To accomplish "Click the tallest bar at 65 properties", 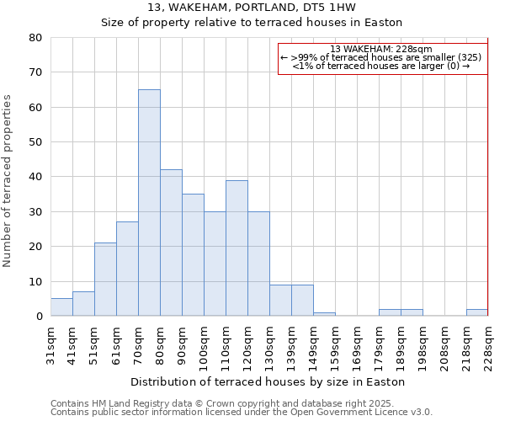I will pos(149,202).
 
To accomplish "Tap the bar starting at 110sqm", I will pos(237,248).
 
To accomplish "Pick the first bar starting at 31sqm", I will pos(61,307).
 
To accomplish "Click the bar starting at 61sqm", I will pos(127,269).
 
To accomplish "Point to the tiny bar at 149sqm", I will pos(324,314).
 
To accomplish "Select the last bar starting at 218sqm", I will pos(477,312).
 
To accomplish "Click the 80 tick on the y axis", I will pos(35,38).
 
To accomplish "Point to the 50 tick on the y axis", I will pos(35,142).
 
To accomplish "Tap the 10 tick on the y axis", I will pos(35,281).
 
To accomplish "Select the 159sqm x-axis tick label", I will pos(335,348).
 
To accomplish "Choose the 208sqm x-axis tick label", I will pos(444,348).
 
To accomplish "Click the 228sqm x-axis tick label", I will pos(488,348).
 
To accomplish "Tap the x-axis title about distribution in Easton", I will pos(269,381).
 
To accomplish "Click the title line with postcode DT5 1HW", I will pos(252,8).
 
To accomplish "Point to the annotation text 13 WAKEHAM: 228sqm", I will pos(381,49).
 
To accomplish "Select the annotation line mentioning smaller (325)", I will pos(381,57).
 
